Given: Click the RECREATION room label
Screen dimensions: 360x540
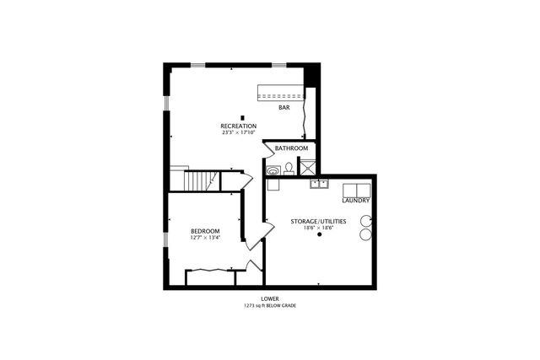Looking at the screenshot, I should tap(239, 126).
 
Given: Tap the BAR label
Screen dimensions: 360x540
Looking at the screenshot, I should tap(284, 107).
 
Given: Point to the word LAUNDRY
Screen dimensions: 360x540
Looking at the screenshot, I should tap(356, 200).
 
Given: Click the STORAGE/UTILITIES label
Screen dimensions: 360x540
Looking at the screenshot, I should tap(318, 220).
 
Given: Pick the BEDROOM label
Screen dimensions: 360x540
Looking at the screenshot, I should tap(205, 232).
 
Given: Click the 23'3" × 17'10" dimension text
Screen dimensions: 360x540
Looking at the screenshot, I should tap(239, 133).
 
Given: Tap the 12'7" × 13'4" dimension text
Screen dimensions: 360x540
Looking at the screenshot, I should tap(205, 238).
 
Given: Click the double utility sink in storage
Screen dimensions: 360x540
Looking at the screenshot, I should tap(320, 183).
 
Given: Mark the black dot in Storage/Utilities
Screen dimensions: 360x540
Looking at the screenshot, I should tap(319, 236).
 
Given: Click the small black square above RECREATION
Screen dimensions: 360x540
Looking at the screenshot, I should tap(243, 118).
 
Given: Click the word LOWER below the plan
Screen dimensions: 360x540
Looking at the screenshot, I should tap(270, 298).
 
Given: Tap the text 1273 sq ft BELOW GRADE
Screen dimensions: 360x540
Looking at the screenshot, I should tap(270, 305).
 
